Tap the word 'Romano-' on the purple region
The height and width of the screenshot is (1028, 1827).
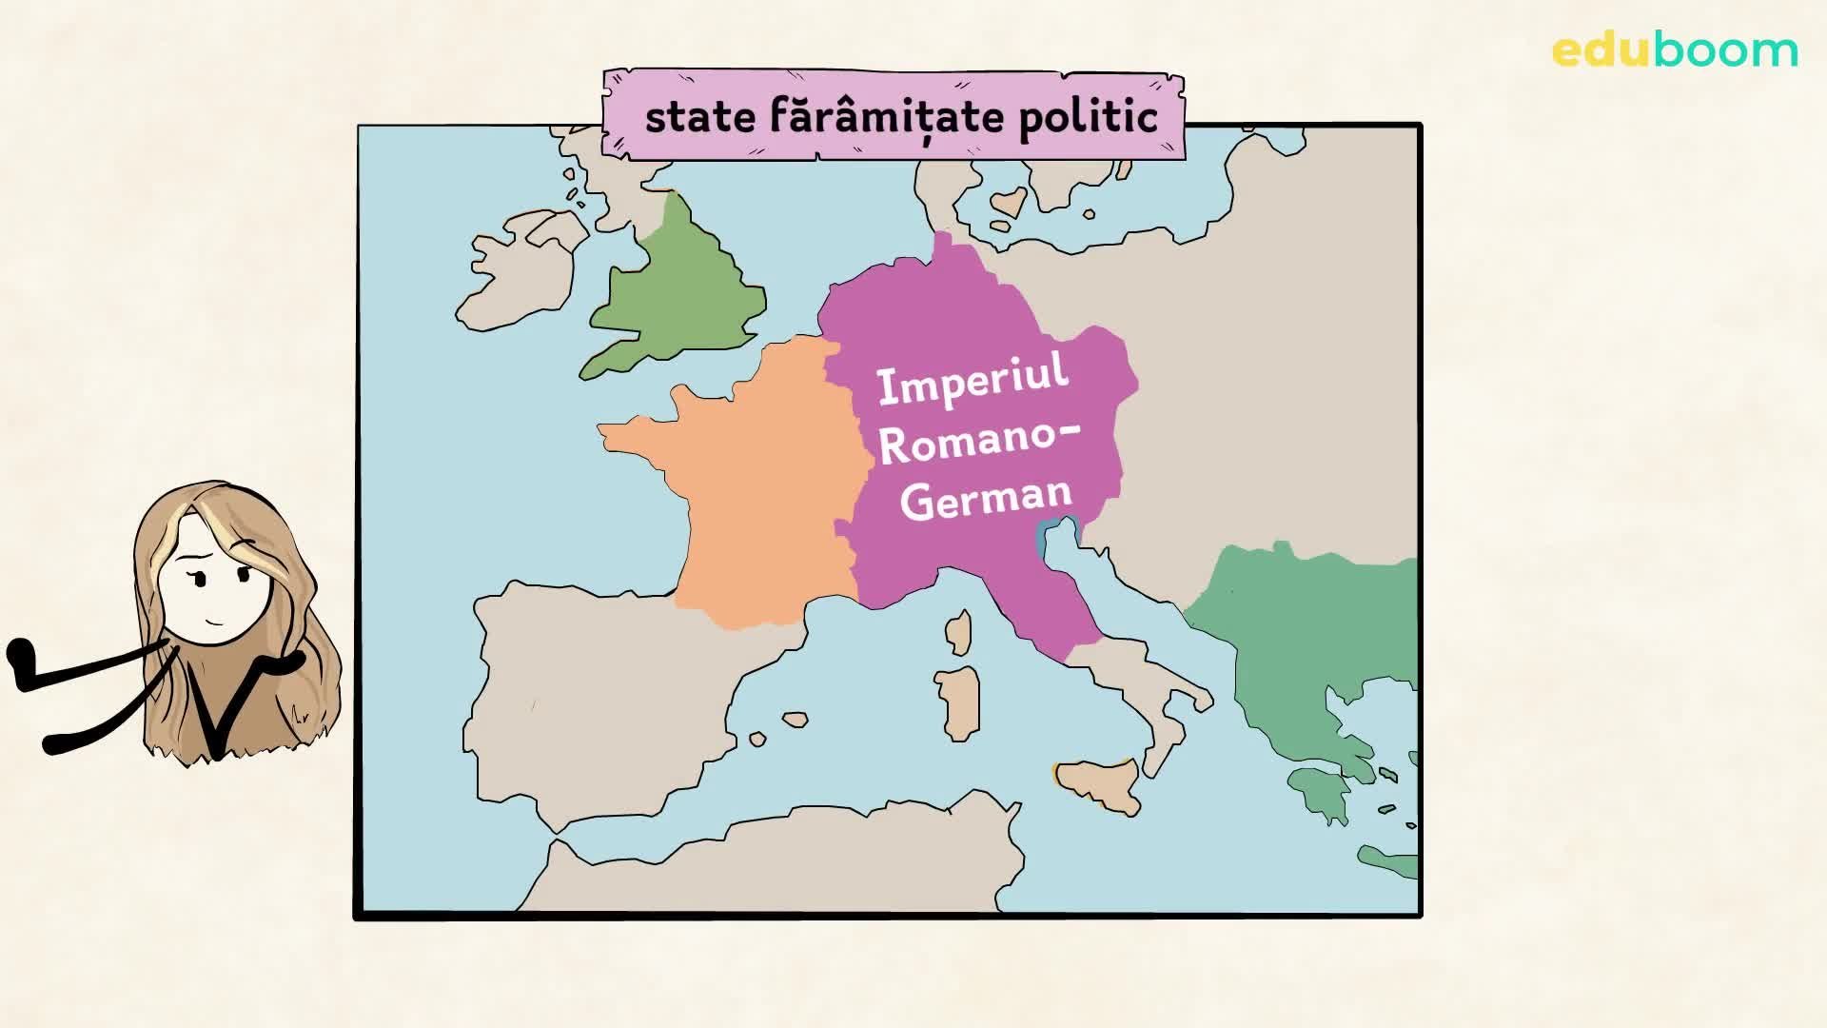point(980,443)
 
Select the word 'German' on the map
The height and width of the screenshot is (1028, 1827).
point(987,498)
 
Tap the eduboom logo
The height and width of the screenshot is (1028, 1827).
point(1675,50)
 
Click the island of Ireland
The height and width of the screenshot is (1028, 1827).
point(519,271)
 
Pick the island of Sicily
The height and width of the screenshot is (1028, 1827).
point(1099,785)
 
